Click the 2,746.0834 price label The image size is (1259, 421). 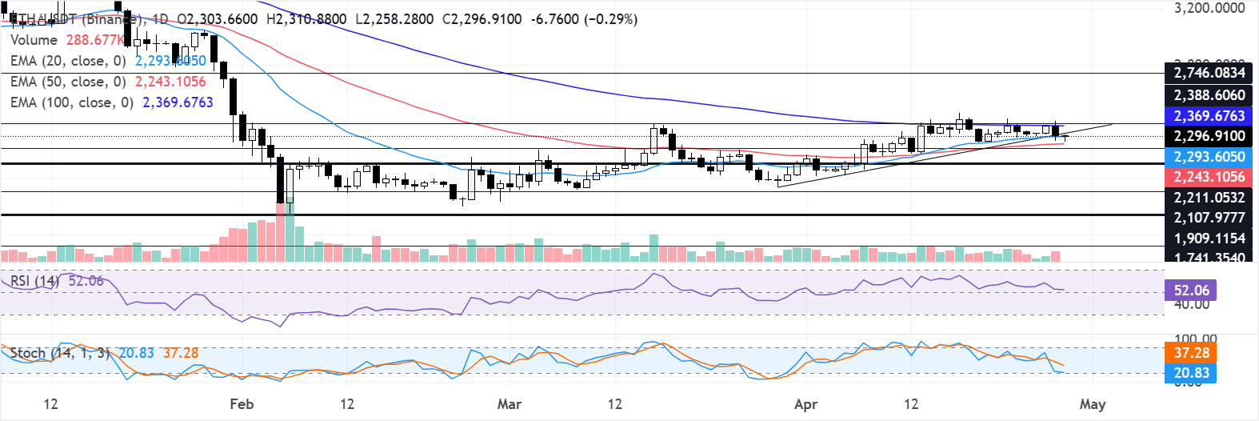(x=1209, y=73)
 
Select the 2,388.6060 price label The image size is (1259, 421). (x=1209, y=95)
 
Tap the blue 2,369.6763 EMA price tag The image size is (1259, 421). (x=1209, y=116)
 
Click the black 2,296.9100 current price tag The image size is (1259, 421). (x=1209, y=136)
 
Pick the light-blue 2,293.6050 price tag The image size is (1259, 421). (x=1209, y=157)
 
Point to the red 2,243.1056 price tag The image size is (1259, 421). (x=1209, y=177)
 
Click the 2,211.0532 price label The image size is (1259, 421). (x=1209, y=198)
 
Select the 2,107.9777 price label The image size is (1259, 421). (x=1209, y=218)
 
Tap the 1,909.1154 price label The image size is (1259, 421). (x=1209, y=239)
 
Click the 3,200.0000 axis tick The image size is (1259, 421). (x=1209, y=8)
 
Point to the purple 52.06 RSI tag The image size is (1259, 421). (x=1191, y=291)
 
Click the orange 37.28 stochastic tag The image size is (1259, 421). (x=1191, y=353)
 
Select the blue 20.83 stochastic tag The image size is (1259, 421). (x=1191, y=373)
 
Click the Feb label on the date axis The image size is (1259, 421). (x=242, y=404)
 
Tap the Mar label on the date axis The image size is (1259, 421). (x=510, y=404)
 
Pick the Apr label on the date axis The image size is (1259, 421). (x=806, y=404)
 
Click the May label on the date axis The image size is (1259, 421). (x=1093, y=404)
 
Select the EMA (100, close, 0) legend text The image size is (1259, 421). (x=72, y=102)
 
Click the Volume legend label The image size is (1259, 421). (x=34, y=40)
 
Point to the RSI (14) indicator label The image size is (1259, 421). (x=34, y=281)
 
